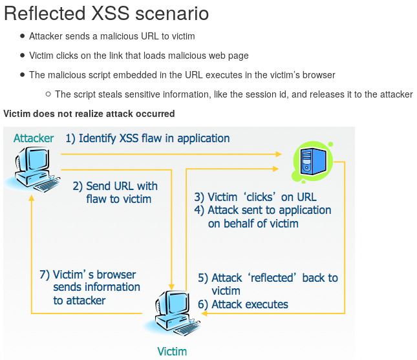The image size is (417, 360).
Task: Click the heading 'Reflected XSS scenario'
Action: pos(107,14)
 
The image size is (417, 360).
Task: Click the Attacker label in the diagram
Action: pos(34,138)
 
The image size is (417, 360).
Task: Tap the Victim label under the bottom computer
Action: pos(172,352)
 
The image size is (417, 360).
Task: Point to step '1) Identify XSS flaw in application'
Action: pos(147,138)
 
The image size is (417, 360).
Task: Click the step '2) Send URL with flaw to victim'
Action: pos(115,192)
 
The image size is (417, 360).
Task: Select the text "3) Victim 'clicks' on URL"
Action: pos(255,197)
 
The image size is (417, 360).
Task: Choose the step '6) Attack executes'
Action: pos(243,304)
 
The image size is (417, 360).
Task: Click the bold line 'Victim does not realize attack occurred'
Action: pos(89,114)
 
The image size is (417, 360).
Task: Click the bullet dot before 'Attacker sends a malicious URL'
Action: pos(23,37)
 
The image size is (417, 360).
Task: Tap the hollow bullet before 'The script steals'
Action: pos(48,94)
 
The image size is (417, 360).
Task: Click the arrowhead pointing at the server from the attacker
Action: pos(279,154)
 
